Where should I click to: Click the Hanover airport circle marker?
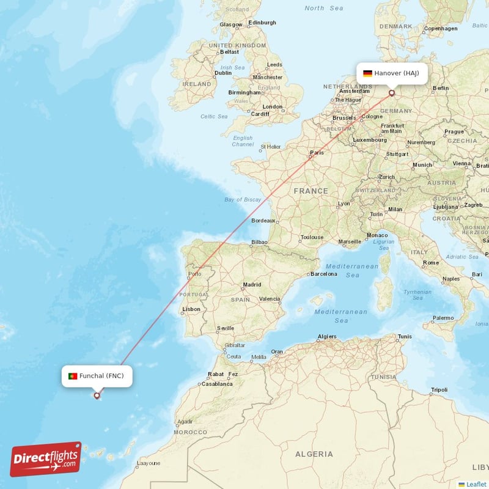coord(392,94)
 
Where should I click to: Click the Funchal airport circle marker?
coord(97,395)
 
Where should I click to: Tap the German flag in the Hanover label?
coord(367,73)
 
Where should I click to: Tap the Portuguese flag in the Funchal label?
coord(73,376)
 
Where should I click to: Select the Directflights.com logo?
coord(46,459)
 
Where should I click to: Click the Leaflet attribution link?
coord(476,483)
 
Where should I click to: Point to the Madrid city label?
coord(252,285)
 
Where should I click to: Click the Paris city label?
coord(317,153)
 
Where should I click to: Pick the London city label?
coord(273,106)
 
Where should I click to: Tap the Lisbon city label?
coord(191,309)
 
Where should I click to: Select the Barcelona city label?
coord(324,274)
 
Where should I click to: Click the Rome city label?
coord(431,263)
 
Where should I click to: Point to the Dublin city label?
coord(223,73)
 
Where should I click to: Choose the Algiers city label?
coord(327,337)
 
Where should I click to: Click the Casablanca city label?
coord(217,384)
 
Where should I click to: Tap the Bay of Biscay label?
coord(243,200)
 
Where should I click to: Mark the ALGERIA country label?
coord(314,454)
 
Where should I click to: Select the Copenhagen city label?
coord(441,28)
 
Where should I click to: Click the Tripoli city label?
coord(439,389)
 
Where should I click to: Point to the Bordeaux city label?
coord(263,220)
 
